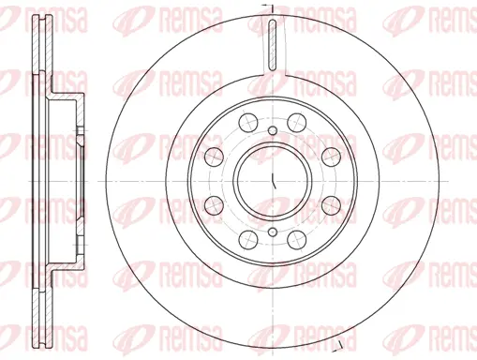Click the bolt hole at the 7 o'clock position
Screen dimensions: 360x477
(x=246, y=235)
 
